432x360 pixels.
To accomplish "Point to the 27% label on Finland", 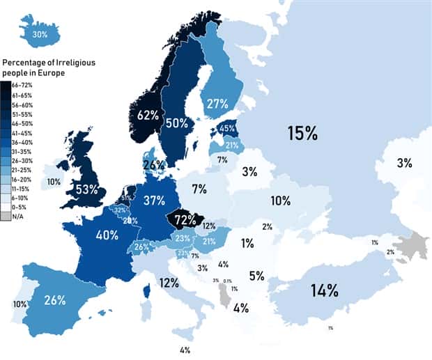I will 217,104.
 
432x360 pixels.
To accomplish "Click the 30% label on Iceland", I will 40,34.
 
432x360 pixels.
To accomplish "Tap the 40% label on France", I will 107,235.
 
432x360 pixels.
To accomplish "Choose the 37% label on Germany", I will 153,201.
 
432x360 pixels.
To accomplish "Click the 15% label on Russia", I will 304,133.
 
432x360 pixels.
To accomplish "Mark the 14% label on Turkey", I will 324,290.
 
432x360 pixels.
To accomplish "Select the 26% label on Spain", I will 54,300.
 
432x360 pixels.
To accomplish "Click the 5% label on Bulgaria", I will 256,275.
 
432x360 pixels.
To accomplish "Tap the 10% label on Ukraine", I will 281,201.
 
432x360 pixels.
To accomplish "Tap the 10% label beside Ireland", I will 53,182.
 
